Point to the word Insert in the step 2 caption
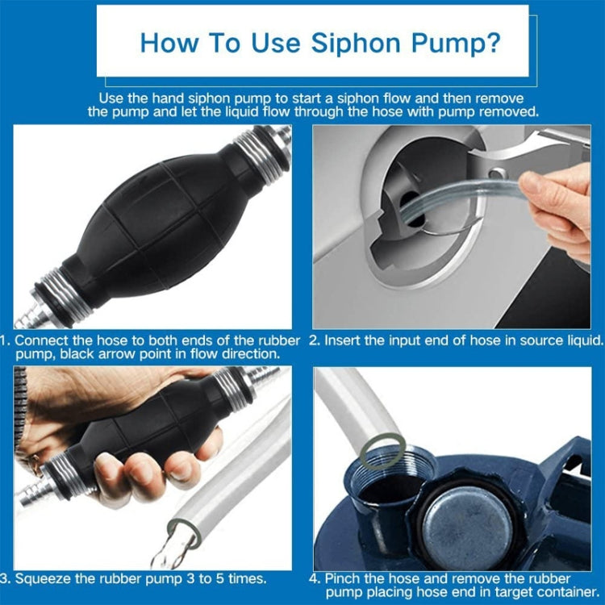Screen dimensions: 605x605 coord(344,340)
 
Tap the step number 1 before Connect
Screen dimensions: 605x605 coord(5,340)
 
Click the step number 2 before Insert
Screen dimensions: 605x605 coord(315,340)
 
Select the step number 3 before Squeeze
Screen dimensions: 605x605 coord(6,578)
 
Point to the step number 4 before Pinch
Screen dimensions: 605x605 coord(315,578)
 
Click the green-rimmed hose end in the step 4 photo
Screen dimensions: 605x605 coord(382,452)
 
